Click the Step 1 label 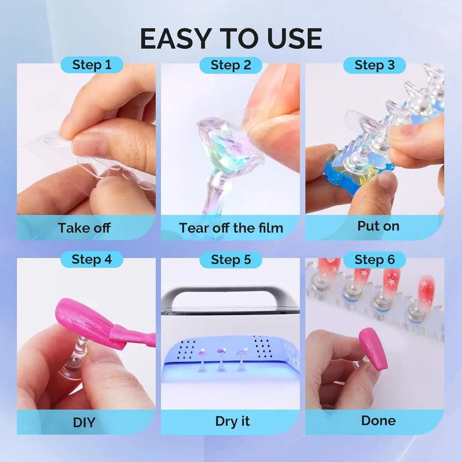(92, 65)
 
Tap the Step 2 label (231, 65)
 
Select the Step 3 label (375, 65)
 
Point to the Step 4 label (92, 259)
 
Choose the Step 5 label (231, 260)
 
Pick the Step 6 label (375, 260)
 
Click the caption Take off (84, 228)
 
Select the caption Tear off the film (231, 228)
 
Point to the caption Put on (378, 226)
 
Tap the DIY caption (84, 423)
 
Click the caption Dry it (232, 422)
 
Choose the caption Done (378, 421)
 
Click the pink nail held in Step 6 (373, 350)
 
